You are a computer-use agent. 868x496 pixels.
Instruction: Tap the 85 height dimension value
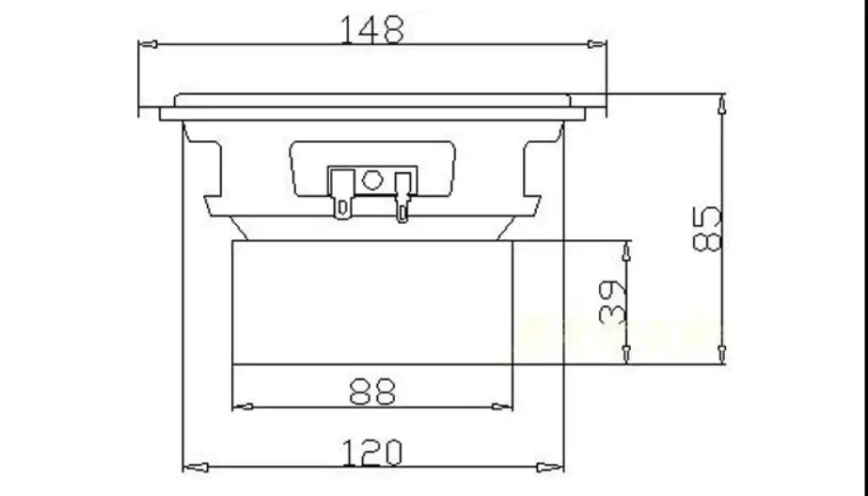pyautogui.click(x=707, y=229)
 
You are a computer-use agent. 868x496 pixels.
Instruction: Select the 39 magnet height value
pyautogui.click(x=612, y=302)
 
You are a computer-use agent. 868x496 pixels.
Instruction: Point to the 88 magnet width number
pyautogui.click(x=372, y=391)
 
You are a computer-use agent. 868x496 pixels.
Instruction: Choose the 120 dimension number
pyautogui.click(x=372, y=453)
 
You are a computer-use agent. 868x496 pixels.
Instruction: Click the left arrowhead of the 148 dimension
pyautogui.click(x=147, y=43)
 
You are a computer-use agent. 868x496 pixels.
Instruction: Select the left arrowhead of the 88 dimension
pyautogui.click(x=242, y=407)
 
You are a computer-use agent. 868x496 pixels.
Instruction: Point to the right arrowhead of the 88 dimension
pyautogui.click(x=504, y=407)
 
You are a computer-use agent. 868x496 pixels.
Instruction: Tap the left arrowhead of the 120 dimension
pyautogui.click(x=190, y=466)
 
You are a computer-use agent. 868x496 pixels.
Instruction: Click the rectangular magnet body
pyautogui.click(x=372, y=301)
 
